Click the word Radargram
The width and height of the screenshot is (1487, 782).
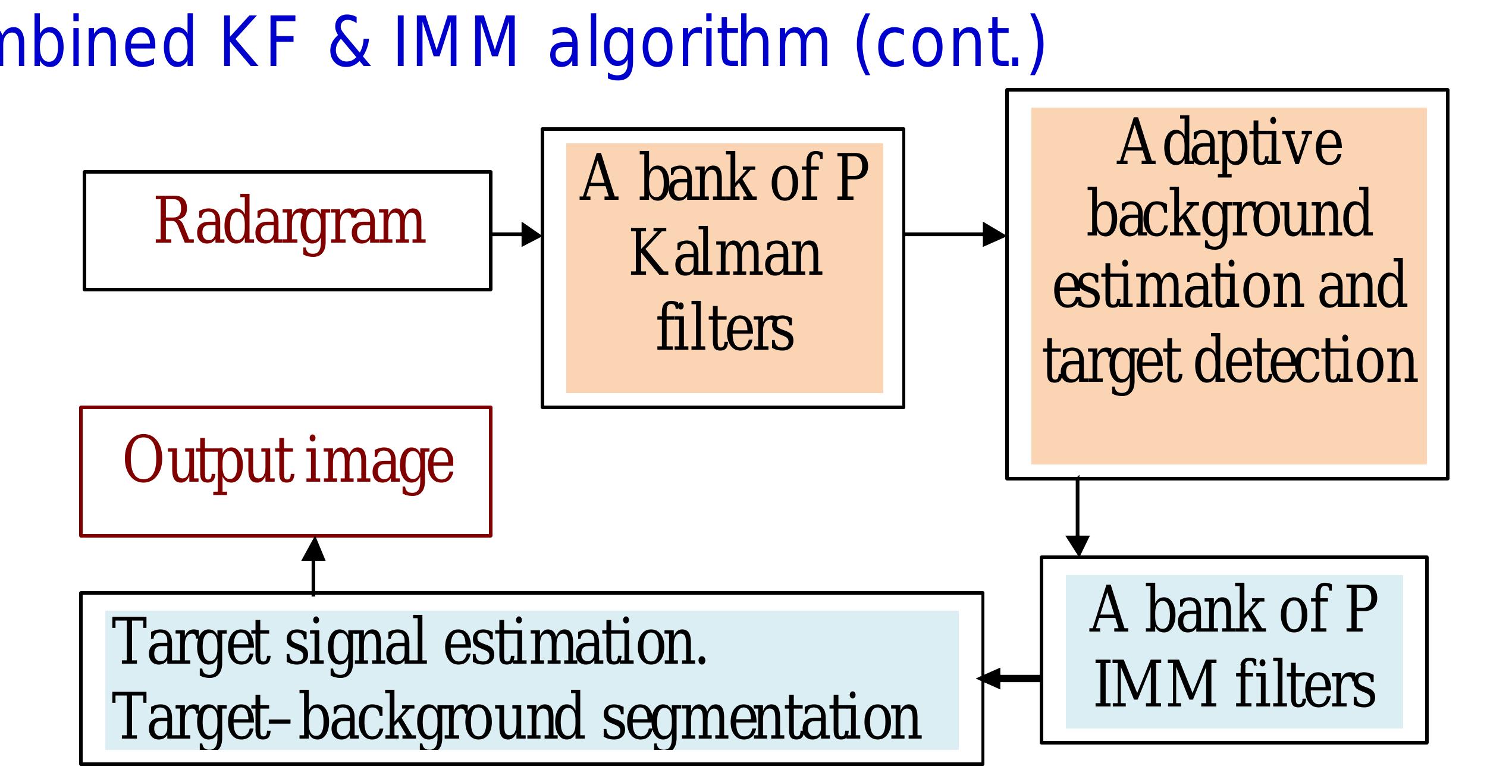point(290,223)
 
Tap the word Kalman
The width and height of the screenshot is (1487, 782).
point(726,255)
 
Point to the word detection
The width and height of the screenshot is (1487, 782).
point(1305,360)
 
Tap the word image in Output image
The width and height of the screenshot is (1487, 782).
point(379,464)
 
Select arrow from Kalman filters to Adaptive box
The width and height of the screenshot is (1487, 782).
point(954,234)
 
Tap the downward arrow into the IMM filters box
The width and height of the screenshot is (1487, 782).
point(1077,517)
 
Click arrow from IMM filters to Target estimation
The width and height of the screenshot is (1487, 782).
point(1010,678)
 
